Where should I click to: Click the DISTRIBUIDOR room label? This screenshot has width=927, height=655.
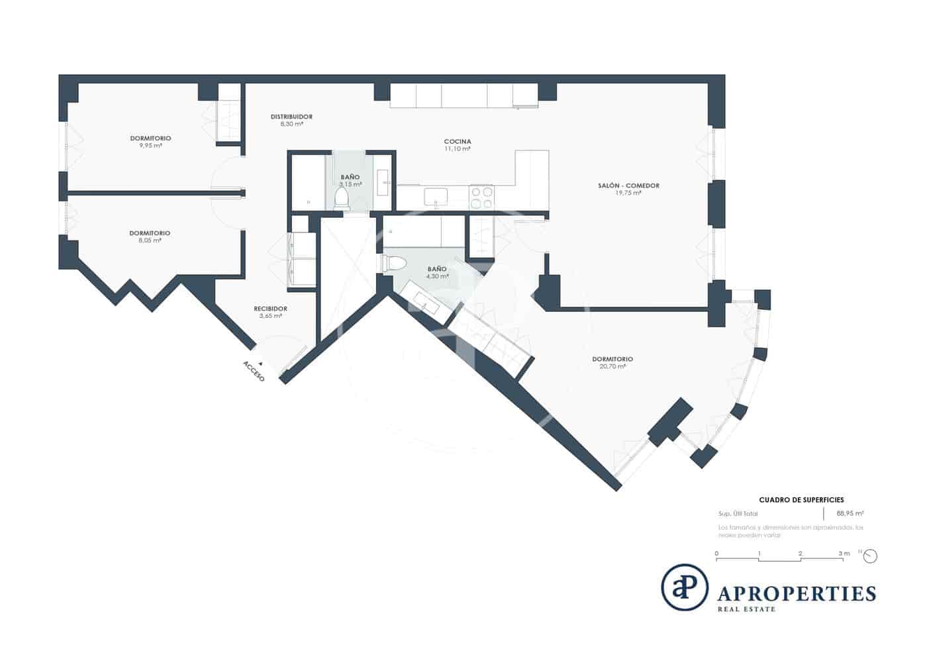pyautogui.click(x=291, y=117)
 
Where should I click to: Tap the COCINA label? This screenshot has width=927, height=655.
pyautogui.click(x=458, y=142)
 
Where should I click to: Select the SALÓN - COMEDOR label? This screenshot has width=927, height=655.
pyautogui.click(x=628, y=185)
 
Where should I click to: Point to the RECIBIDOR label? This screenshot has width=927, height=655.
pyautogui.click(x=271, y=309)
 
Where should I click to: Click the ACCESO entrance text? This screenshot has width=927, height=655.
pyautogui.click(x=254, y=371)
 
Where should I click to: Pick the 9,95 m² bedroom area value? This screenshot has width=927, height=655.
pyautogui.click(x=150, y=146)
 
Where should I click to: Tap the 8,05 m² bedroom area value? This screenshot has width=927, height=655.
pyautogui.click(x=150, y=240)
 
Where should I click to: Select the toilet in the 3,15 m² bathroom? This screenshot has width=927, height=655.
pyautogui.click(x=342, y=198)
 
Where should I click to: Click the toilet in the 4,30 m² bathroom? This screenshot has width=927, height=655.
pyautogui.click(x=396, y=263)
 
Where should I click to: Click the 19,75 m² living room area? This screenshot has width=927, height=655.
pyautogui.click(x=628, y=193)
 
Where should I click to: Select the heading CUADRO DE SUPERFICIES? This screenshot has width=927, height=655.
pyautogui.click(x=801, y=500)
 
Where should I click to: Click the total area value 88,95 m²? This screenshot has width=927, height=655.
pyautogui.click(x=850, y=513)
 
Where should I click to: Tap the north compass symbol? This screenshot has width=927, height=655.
pyautogui.click(x=870, y=556)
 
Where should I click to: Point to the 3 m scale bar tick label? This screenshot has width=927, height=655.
pyautogui.click(x=844, y=553)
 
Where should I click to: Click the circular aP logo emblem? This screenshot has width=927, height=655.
pyautogui.click(x=685, y=587)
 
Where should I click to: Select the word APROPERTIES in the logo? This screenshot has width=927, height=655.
pyautogui.click(x=797, y=593)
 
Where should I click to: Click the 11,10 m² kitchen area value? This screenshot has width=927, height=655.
pyautogui.click(x=458, y=149)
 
